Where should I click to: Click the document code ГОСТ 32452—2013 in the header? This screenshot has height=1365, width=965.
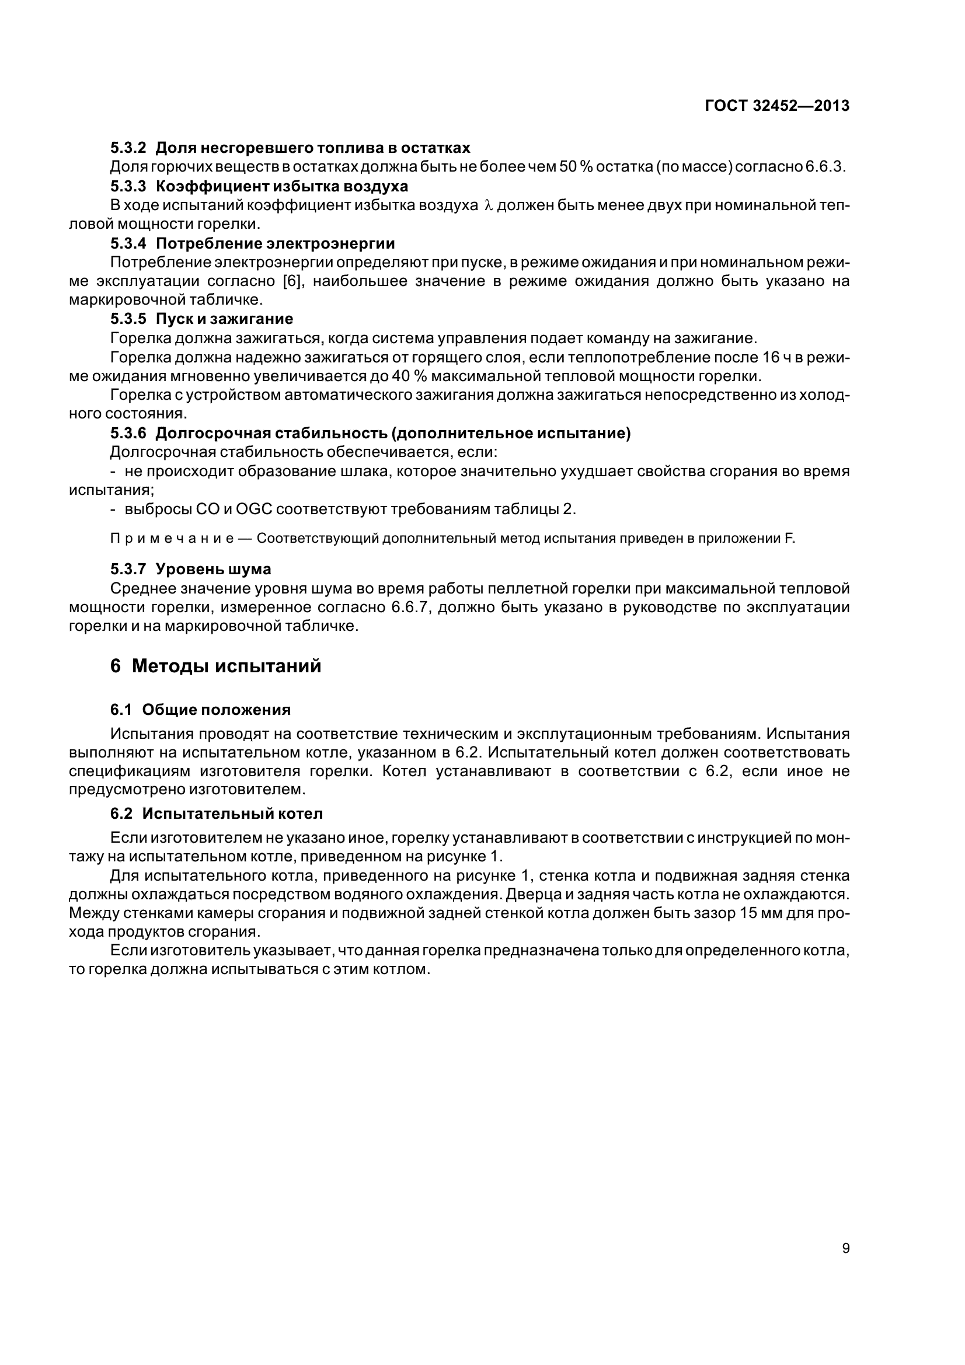tap(776, 106)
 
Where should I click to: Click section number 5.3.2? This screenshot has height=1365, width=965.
tap(128, 148)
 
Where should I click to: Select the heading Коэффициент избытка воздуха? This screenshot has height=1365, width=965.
tap(282, 186)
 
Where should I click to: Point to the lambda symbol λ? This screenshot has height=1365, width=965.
tap(489, 205)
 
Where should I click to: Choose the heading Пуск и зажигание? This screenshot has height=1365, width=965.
tap(224, 319)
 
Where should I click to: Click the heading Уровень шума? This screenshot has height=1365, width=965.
tap(213, 569)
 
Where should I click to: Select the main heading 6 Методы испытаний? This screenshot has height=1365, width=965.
tap(215, 666)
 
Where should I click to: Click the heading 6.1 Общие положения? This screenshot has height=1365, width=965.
tap(200, 710)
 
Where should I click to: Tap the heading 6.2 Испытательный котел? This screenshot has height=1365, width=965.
tap(217, 814)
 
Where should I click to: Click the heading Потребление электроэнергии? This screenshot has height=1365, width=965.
tap(276, 243)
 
